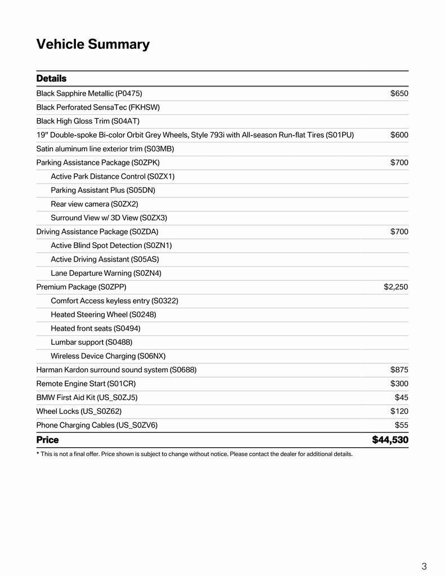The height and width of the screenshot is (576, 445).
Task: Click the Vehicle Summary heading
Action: pos(93,44)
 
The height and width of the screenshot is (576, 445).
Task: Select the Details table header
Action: pos(51,78)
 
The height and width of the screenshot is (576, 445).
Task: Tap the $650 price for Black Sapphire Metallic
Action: pos(399,93)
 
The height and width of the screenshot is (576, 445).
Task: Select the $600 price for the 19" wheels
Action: pos(399,135)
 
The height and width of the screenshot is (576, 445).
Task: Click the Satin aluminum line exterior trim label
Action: pos(105,148)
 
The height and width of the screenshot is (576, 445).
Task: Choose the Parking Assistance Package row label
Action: pos(98,163)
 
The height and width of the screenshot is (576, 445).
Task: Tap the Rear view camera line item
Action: pos(94,204)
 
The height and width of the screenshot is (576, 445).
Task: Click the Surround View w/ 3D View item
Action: pos(109,218)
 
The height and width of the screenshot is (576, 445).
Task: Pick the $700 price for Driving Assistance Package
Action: pos(399,231)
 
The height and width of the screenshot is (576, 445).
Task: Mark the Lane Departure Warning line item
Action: pos(106,273)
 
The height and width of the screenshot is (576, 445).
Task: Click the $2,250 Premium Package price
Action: pos(395,287)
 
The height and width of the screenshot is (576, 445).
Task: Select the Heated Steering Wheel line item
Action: pos(104,314)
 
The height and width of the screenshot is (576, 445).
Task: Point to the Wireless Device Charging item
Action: pos(108,356)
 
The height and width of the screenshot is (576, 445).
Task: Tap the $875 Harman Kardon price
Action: pos(399,370)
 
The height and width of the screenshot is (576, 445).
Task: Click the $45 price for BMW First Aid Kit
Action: pos(401,397)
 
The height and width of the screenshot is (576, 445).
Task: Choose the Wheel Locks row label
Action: pos(79,411)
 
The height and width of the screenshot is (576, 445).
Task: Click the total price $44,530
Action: pos(390,439)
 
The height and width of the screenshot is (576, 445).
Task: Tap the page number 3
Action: pos(424,566)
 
